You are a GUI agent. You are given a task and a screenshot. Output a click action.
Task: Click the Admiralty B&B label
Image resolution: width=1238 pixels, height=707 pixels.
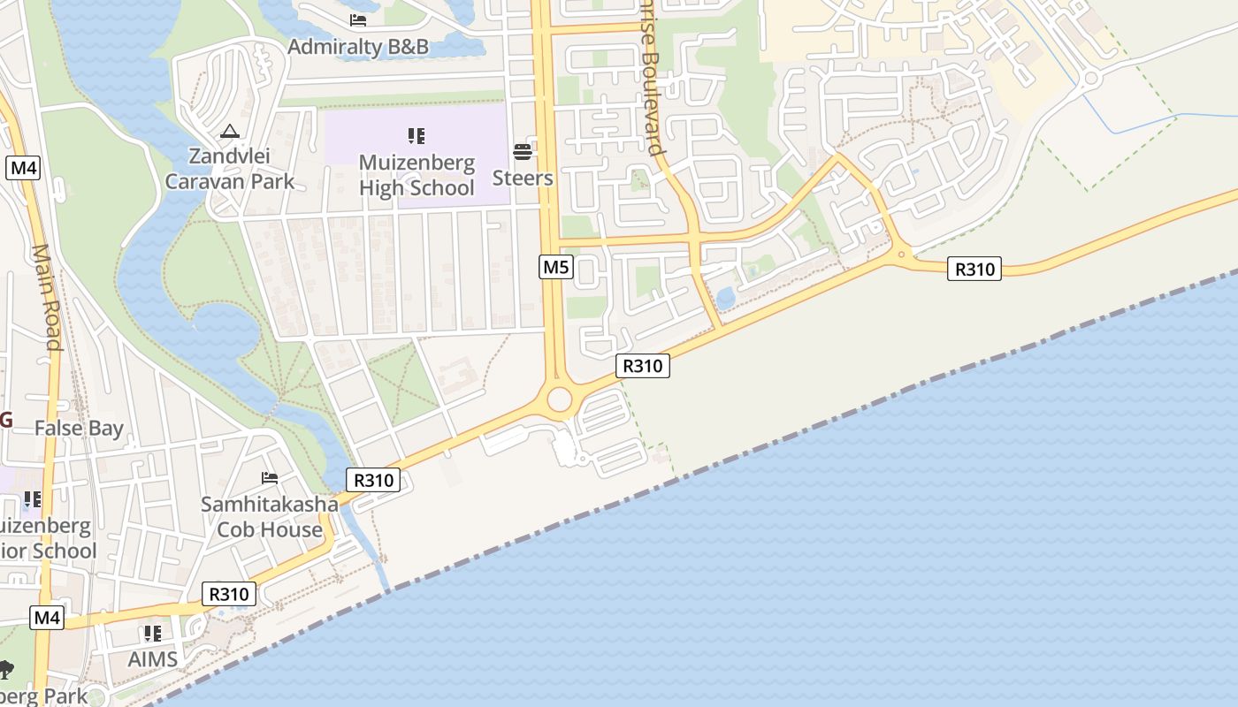coord(358,46)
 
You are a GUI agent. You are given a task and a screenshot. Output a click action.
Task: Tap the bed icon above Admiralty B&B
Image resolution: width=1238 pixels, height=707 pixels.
coord(358,20)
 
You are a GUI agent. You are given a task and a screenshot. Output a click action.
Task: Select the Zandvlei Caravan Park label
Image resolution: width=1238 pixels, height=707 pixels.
coord(230,169)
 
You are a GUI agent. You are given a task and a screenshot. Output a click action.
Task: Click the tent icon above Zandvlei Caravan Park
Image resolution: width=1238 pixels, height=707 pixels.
coord(230,133)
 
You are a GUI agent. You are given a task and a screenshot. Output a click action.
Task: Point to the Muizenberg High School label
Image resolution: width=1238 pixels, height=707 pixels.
coord(416,175)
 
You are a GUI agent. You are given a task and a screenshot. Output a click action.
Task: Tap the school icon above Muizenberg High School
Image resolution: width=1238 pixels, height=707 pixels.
coord(416,136)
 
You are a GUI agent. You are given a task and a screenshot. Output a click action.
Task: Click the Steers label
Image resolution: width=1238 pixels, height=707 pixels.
coord(523,178)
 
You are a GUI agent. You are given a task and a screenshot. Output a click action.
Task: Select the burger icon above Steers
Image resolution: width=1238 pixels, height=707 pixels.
coord(523,152)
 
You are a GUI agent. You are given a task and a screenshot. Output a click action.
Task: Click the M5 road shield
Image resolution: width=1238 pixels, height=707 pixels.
coord(555,266)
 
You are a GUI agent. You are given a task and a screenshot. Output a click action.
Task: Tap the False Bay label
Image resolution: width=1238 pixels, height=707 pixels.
coord(79,429)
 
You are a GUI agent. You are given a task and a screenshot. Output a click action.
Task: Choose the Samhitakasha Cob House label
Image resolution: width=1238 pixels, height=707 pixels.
coord(270,517)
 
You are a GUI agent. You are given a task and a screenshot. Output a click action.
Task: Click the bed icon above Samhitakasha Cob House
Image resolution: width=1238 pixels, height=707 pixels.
coord(270,478)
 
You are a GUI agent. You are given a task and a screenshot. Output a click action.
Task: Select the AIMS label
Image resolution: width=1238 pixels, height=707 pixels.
coord(153,659)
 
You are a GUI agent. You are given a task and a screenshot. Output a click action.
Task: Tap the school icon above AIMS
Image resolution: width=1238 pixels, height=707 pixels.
coord(153,634)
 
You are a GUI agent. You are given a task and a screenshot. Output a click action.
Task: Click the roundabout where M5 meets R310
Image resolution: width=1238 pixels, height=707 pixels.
coord(559,399)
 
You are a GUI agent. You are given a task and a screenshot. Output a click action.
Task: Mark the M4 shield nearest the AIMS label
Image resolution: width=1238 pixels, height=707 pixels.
coord(47,617)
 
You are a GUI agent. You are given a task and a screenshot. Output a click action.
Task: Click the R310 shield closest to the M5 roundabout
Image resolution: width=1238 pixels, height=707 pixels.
coord(643,365)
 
